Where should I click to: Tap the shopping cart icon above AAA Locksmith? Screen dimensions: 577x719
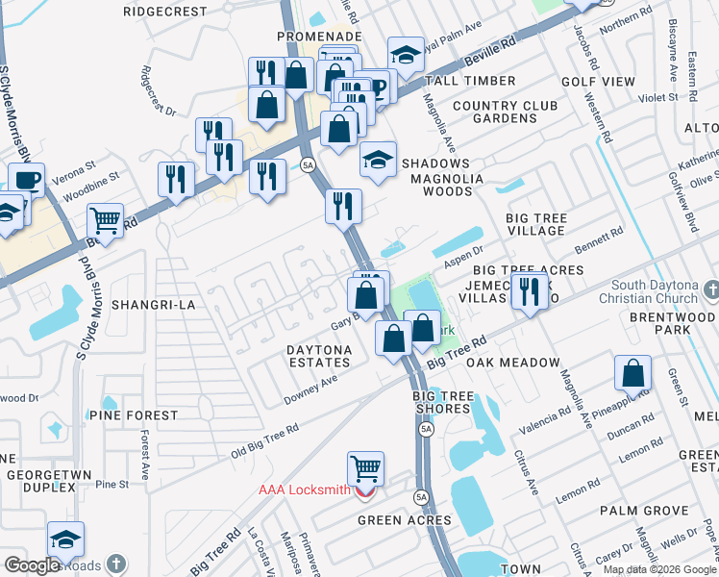(365, 469)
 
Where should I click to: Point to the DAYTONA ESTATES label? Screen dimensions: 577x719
(320, 355)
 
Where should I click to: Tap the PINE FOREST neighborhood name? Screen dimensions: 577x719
(134, 415)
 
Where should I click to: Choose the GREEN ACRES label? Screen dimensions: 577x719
(404, 520)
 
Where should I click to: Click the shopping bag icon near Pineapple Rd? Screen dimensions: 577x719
(632, 373)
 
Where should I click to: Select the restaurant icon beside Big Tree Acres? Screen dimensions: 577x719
(529, 290)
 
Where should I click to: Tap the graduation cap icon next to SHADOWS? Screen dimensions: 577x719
(379, 160)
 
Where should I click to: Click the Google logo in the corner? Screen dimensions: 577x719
(32, 565)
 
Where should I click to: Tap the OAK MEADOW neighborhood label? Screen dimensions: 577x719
(512, 363)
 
